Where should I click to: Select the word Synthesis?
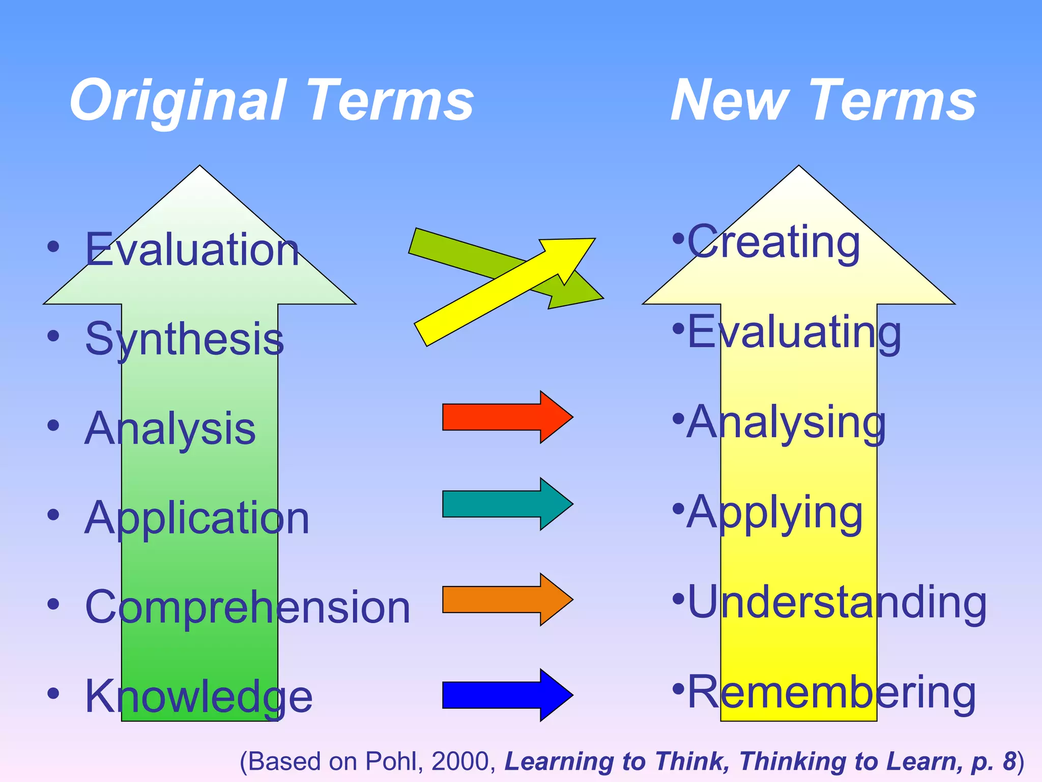184,340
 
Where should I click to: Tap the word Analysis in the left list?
170,429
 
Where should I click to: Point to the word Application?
197,518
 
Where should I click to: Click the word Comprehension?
247,607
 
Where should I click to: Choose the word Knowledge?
198,696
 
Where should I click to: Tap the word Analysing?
787,423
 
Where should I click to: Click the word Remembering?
832,692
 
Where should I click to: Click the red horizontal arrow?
506,417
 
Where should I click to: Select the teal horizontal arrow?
506,504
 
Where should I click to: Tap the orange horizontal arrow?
506,599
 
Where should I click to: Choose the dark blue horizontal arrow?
506,695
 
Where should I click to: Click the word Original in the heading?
176,100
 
